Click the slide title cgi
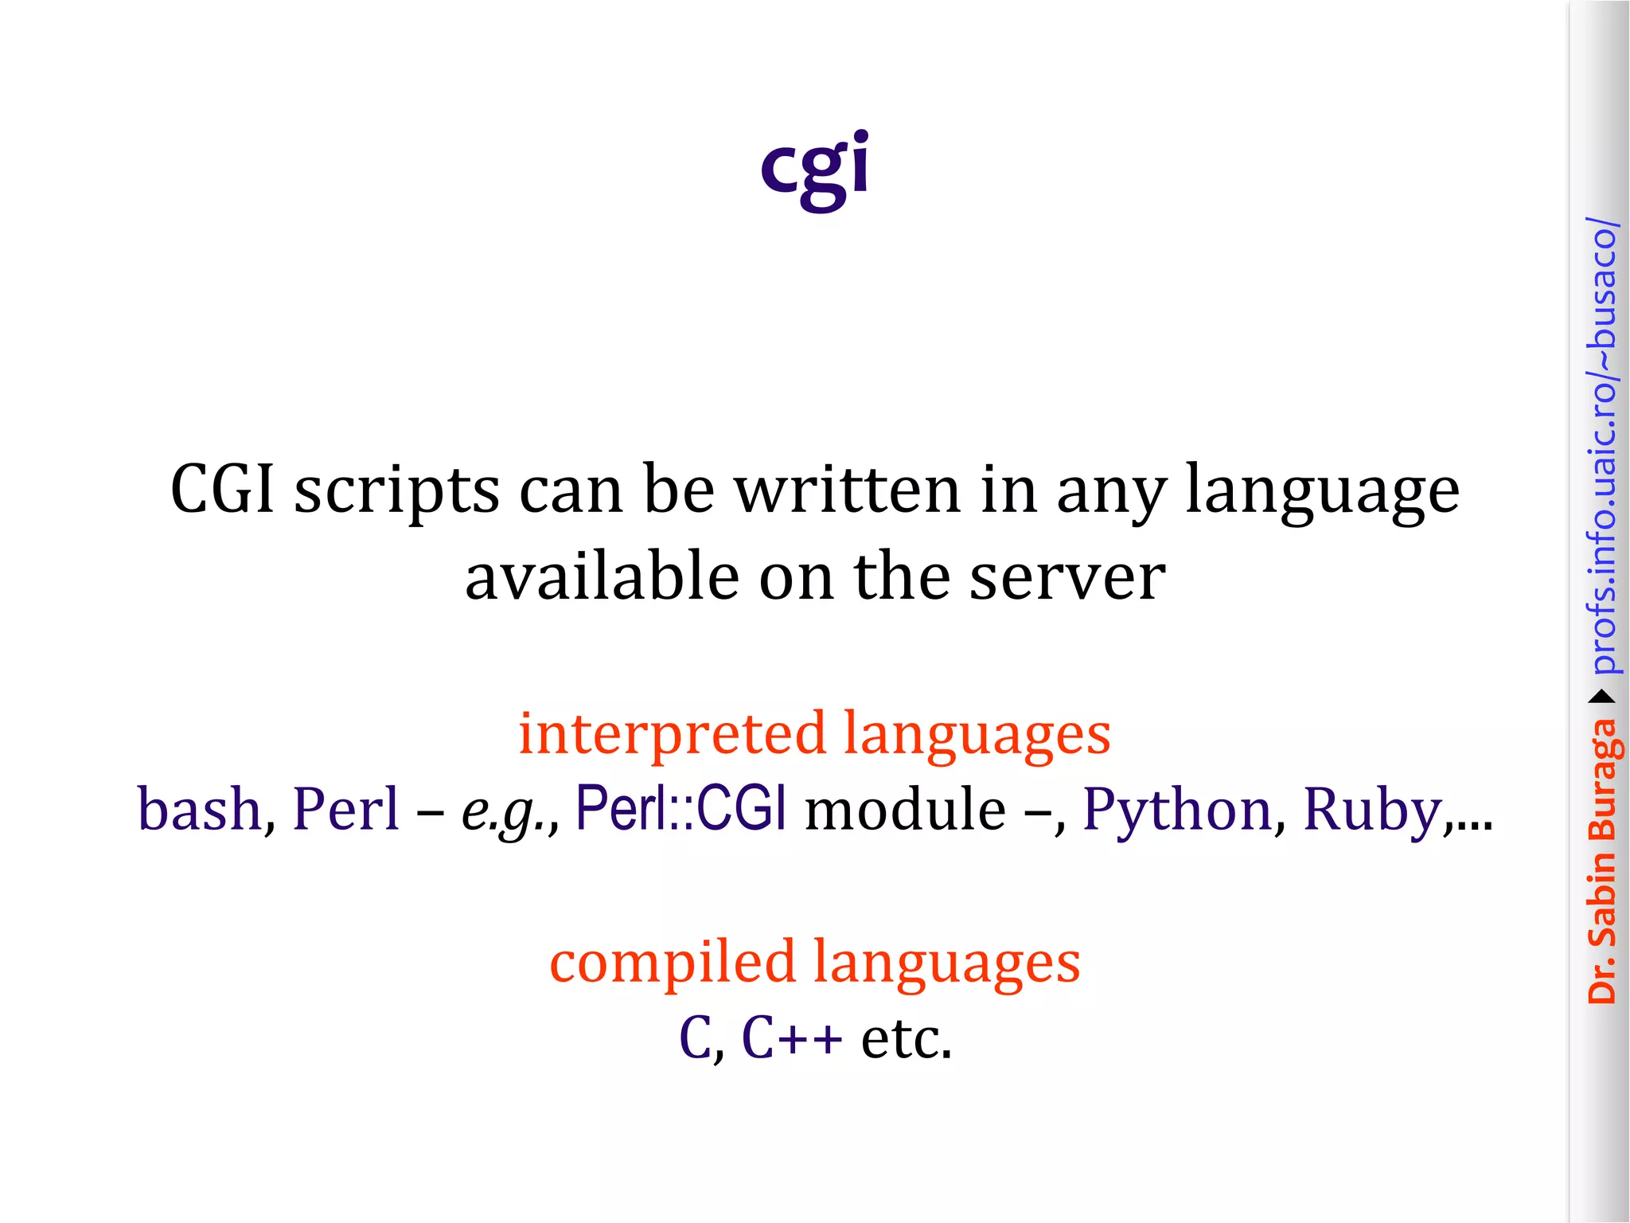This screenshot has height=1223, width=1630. tap(814, 167)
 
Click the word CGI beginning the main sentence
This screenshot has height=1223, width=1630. tap(223, 489)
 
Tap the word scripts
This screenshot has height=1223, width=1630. tap(397, 492)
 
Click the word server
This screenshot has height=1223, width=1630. tap(1067, 576)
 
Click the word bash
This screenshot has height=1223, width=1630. tap(200, 809)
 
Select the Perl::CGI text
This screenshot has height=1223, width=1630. tap(681, 807)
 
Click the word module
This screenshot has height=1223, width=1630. tap(905, 809)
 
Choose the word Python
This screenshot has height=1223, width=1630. tap(1177, 811)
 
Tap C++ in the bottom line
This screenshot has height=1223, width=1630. tap(791, 1038)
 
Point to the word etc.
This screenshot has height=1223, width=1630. tap(906, 1038)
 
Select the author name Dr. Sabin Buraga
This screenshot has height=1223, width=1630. tap(1602, 861)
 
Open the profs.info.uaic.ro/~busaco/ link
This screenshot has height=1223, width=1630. tap(1602, 445)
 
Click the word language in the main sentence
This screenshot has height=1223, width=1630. tap(1322, 492)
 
